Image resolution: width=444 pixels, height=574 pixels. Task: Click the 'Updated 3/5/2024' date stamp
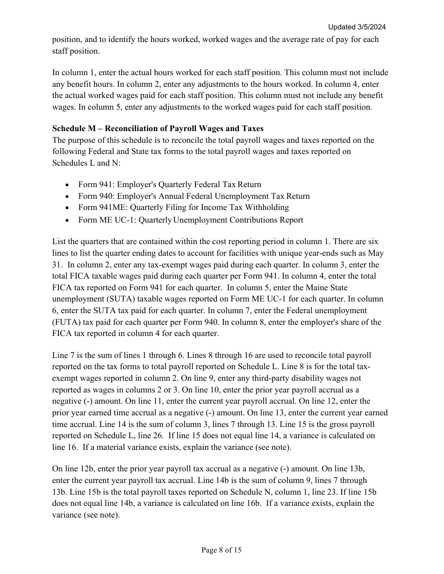point(357,27)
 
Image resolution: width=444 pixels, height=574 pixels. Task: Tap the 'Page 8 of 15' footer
point(222,550)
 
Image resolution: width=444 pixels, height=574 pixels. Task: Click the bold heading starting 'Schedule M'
point(158,128)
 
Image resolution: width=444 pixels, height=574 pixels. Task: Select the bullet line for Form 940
point(193,196)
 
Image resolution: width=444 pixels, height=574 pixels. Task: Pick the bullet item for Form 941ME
point(183,207)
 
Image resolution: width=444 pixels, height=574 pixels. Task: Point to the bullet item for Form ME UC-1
point(190,220)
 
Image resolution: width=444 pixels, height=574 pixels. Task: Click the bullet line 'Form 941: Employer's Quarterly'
point(169,184)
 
